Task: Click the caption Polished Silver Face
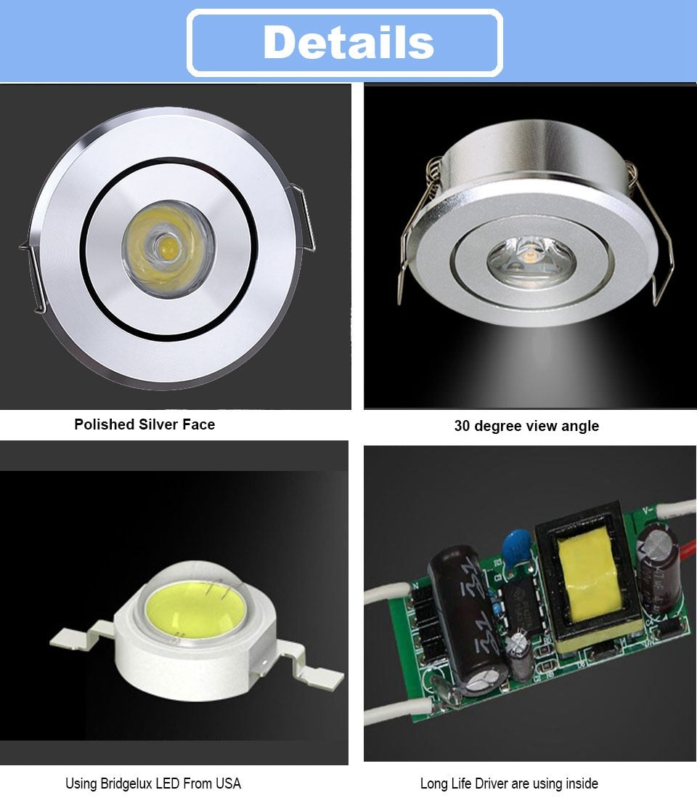pos(144,424)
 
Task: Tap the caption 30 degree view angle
pos(526,426)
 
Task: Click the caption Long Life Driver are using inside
pos(509,783)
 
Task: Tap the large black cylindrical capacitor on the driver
pos(462,610)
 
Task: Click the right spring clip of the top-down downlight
pos(306,218)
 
